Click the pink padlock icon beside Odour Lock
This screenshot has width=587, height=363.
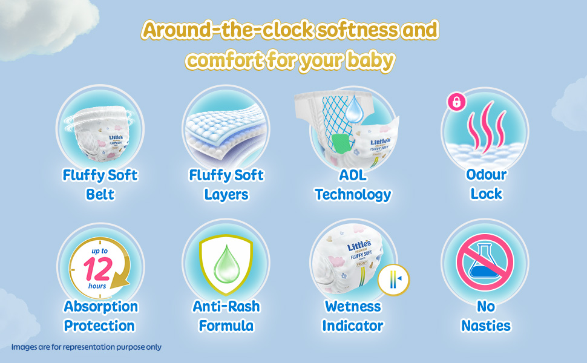(x=457, y=102)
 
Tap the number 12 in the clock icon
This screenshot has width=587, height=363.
(x=97, y=269)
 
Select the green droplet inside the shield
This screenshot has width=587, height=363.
(x=226, y=264)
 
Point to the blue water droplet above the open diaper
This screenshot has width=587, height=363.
(x=354, y=109)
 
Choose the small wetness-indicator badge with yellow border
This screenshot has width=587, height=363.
(x=393, y=280)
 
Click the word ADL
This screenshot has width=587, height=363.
(x=353, y=175)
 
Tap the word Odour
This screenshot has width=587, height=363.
(x=487, y=174)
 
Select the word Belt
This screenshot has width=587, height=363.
(x=100, y=194)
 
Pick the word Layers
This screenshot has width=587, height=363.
(x=226, y=195)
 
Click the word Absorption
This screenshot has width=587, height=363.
(x=100, y=307)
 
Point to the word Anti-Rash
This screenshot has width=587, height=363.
(x=226, y=306)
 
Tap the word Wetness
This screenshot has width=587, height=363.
(x=353, y=306)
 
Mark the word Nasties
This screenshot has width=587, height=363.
(x=485, y=325)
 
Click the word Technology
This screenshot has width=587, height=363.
(x=353, y=195)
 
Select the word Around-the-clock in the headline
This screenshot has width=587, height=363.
(x=228, y=30)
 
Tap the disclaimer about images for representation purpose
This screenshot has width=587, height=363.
(x=87, y=347)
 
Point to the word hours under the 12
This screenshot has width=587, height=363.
(x=97, y=286)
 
